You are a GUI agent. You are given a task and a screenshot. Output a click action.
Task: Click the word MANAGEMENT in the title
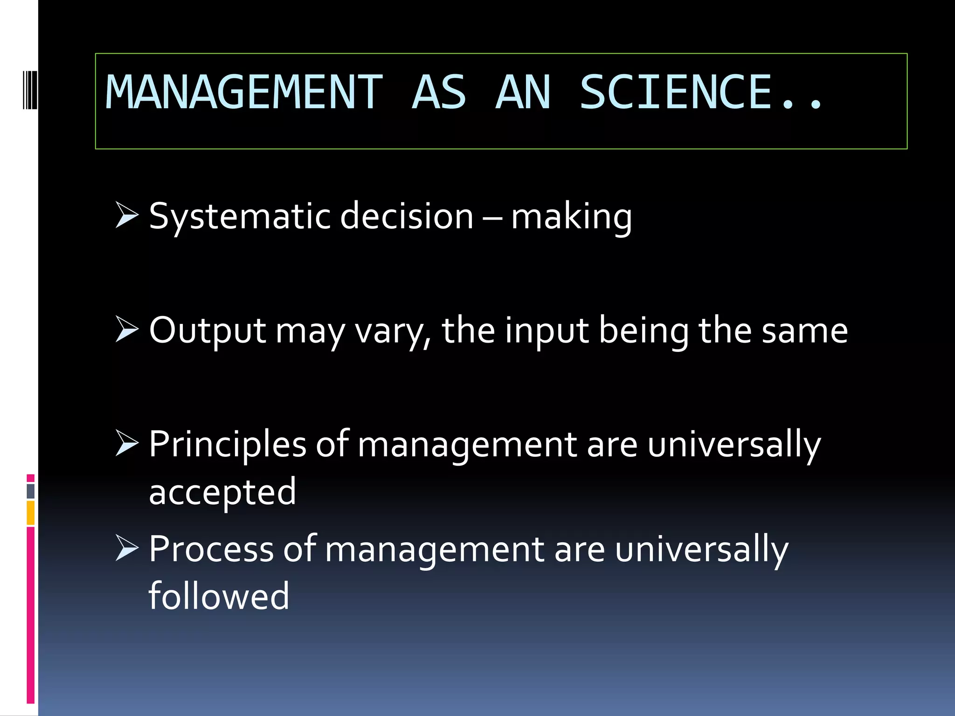pyautogui.click(x=244, y=93)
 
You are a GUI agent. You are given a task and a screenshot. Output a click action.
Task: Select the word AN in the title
pyautogui.click(x=523, y=93)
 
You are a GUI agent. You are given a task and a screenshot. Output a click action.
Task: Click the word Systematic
pyautogui.click(x=240, y=217)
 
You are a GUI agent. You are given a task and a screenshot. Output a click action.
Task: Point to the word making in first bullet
pyautogui.click(x=572, y=217)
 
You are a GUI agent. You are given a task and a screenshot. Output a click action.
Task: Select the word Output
pyautogui.click(x=208, y=331)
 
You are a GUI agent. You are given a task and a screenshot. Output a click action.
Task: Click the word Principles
pyautogui.click(x=227, y=445)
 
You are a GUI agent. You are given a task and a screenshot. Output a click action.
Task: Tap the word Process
pyautogui.click(x=211, y=550)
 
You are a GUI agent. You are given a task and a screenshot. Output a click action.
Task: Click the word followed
pyautogui.click(x=219, y=596)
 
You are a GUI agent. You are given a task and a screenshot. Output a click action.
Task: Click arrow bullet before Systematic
pyautogui.click(x=127, y=215)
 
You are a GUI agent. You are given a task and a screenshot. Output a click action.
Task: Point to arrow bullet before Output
pyautogui.click(x=127, y=330)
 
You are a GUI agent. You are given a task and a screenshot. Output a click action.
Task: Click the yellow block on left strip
pyautogui.click(x=30, y=513)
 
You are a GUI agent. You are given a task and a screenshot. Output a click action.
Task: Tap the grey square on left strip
pyautogui.click(x=30, y=491)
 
